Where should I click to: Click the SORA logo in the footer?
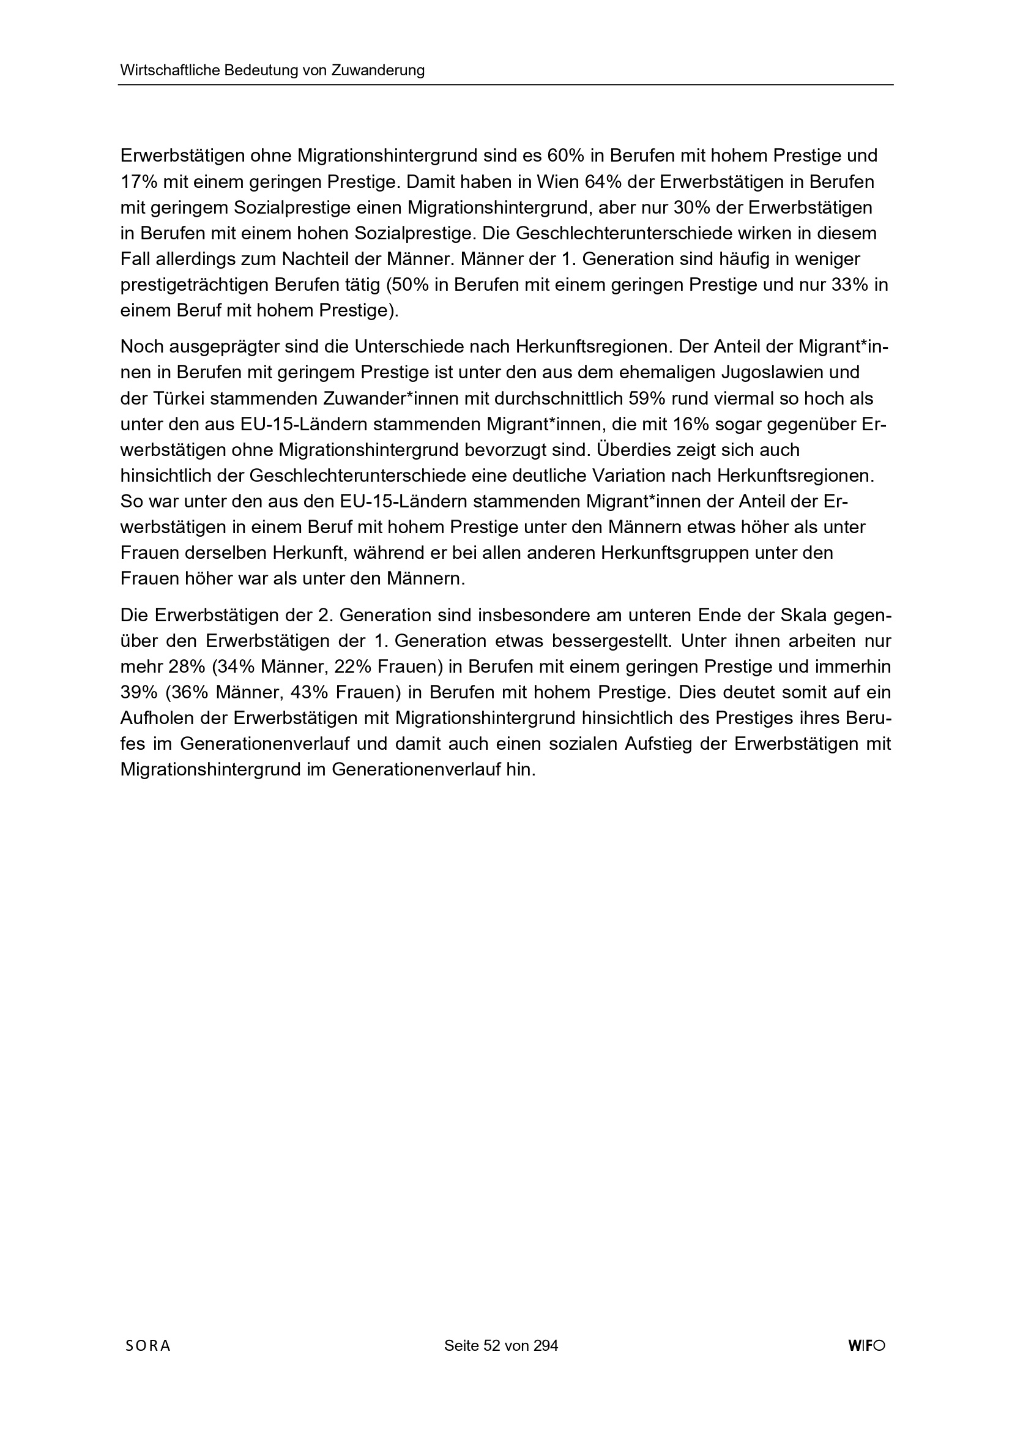click(x=147, y=1345)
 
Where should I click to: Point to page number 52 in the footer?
click(x=492, y=1345)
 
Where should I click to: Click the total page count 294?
click(x=546, y=1345)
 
